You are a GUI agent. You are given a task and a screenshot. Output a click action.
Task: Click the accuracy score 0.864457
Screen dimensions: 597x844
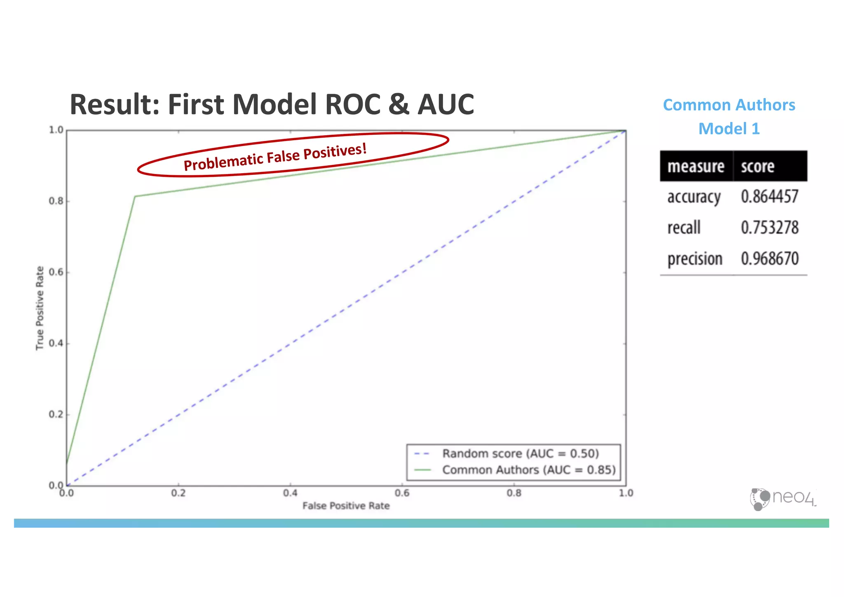tap(769, 197)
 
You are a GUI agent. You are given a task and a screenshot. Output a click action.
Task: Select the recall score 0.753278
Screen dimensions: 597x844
tap(769, 228)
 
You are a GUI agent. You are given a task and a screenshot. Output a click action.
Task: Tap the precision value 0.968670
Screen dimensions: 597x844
tap(769, 259)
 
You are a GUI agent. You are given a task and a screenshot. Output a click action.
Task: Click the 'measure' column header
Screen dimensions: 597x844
tap(696, 167)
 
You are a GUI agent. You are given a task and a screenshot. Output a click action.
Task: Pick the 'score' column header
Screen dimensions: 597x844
tap(757, 167)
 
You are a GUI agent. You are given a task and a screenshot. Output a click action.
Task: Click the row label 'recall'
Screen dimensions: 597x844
tap(684, 228)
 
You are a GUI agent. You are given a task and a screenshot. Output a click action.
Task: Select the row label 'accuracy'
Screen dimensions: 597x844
tap(694, 197)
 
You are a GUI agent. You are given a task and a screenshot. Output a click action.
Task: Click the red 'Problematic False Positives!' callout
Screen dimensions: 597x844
tap(275, 157)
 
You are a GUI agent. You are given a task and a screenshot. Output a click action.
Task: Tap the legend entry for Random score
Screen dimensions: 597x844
tap(520, 454)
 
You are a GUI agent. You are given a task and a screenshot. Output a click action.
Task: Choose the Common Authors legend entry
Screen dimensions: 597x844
tap(528, 470)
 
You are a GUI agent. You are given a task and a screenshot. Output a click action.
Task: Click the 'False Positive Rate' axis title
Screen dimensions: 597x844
tap(346, 506)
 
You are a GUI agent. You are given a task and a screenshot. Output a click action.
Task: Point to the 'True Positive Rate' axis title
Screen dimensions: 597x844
tap(40, 308)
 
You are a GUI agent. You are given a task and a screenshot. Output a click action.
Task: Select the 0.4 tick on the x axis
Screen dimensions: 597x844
tap(290, 493)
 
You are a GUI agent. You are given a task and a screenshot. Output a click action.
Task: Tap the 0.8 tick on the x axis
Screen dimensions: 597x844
tap(514, 493)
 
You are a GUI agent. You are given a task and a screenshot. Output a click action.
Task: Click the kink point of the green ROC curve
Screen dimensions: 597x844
tap(135, 196)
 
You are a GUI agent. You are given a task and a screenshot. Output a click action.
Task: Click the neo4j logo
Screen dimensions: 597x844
tap(782, 499)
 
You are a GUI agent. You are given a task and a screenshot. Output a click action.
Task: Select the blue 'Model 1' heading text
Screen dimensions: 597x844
tap(729, 129)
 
